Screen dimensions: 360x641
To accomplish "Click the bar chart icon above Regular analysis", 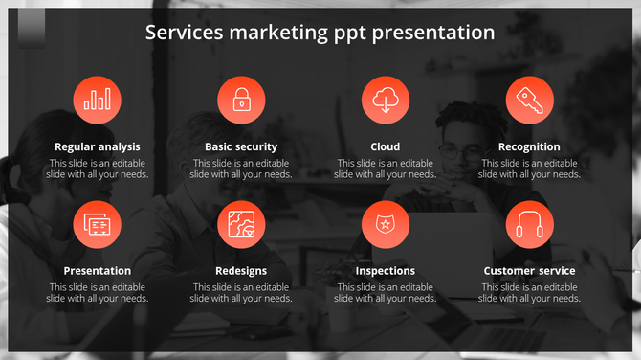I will [x=98, y=100].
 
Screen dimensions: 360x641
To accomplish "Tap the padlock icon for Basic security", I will [x=241, y=100].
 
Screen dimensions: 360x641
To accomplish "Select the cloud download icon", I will [x=386, y=100].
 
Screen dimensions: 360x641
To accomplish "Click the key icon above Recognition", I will [x=529, y=100].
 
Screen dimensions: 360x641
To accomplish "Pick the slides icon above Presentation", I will [x=98, y=225].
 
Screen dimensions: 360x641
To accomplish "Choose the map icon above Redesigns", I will [x=241, y=225].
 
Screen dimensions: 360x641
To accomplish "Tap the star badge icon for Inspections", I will [x=386, y=225].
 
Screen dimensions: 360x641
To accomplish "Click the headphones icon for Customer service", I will [x=529, y=225].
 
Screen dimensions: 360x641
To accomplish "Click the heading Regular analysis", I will [x=98, y=146].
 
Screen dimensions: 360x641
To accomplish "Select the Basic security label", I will [x=241, y=146].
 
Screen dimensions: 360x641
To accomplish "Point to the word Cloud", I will [x=386, y=146].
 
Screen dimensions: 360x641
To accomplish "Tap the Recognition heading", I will [x=529, y=146].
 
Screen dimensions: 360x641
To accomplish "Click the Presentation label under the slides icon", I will [x=98, y=271].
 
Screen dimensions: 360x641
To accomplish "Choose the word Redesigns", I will [x=241, y=271].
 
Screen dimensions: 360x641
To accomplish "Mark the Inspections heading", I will [x=386, y=271].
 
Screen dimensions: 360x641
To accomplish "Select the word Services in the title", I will [x=182, y=33].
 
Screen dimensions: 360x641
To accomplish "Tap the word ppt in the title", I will [x=352, y=34].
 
